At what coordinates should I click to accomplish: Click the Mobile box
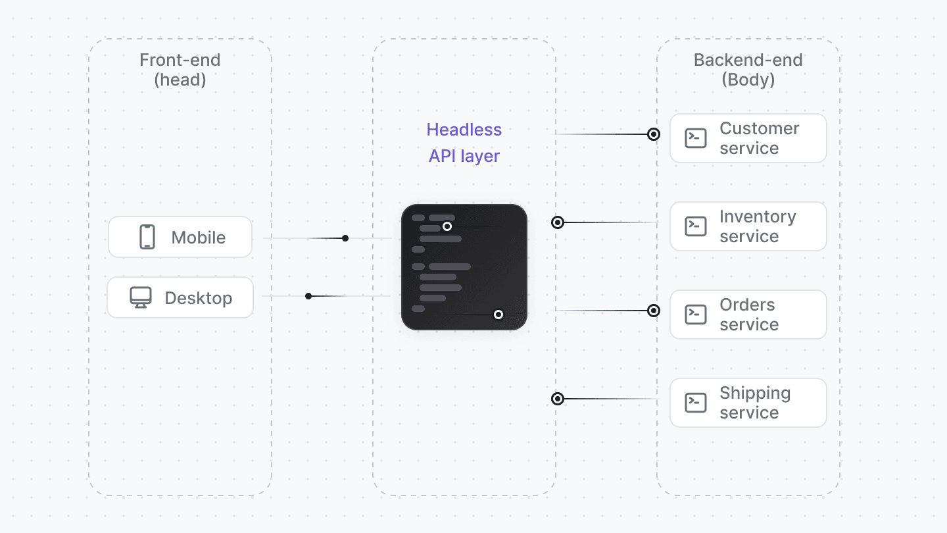click(x=180, y=237)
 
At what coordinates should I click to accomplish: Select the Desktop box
click(x=180, y=297)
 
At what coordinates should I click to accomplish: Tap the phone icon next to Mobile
click(x=147, y=237)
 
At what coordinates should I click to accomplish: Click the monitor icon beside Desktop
click(x=140, y=297)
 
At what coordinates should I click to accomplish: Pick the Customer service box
click(x=748, y=138)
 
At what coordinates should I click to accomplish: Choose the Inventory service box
click(x=748, y=226)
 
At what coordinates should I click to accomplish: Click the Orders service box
click(x=748, y=315)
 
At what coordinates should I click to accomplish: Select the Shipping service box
click(x=748, y=403)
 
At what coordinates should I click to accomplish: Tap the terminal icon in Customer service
click(x=696, y=138)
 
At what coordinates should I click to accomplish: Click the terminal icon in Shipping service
click(x=696, y=403)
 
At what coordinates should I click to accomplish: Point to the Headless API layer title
click(x=464, y=143)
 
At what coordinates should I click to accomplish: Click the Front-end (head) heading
click(x=180, y=70)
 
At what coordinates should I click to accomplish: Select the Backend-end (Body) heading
click(x=748, y=70)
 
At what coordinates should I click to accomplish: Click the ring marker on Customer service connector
click(x=654, y=134)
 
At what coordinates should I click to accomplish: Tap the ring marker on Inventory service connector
click(x=558, y=222)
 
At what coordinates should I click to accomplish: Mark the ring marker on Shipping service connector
click(x=558, y=399)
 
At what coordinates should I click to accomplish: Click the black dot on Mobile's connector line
click(x=345, y=238)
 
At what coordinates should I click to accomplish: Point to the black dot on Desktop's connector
click(x=308, y=296)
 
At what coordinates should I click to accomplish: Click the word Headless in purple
click(x=464, y=130)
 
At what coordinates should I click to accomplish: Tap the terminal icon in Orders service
click(x=696, y=315)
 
